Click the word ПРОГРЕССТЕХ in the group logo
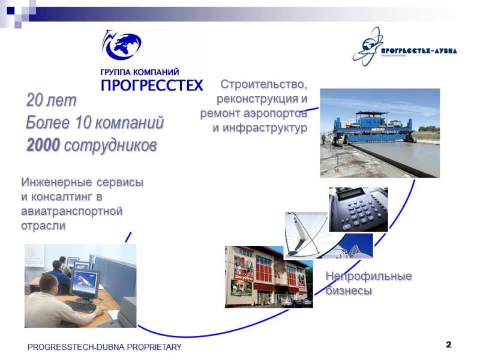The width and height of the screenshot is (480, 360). coord(152,85)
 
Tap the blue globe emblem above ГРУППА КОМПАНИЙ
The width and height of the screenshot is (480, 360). coord(122,45)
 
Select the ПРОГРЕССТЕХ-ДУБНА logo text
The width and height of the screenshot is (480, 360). coord(419,51)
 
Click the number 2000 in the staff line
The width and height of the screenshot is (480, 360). coord(43,145)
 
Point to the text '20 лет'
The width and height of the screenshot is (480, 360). coord(51,100)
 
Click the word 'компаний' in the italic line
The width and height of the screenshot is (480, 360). coord(129,122)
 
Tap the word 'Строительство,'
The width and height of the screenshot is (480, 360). coord(263,84)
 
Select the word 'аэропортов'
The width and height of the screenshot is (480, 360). coord(275,113)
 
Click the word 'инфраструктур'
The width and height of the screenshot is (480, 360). coord(265,128)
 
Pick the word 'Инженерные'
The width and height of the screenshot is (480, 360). coord(56,182)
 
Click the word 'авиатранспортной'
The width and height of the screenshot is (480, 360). coord(71,211)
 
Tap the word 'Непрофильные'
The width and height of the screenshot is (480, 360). coord(368,276)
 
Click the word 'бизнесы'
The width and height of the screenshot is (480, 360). coord(349,290)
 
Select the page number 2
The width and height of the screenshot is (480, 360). coord(448,344)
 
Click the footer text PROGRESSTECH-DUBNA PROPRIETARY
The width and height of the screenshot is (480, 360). coord(104,347)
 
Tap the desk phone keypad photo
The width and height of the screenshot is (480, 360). coord(358,209)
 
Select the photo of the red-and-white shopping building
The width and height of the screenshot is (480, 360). coord(269,277)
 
